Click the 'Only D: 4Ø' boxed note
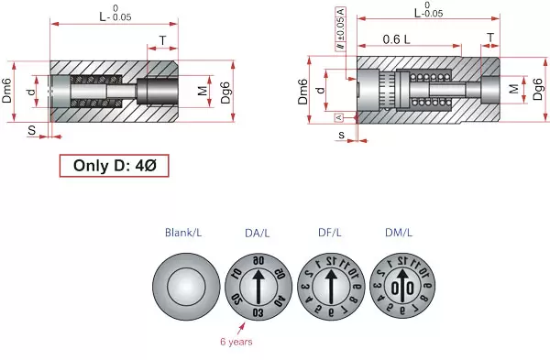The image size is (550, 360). click(x=114, y=167)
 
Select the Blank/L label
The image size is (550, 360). click(x=183, y=233)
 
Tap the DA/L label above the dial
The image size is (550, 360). click(x=257, y=233)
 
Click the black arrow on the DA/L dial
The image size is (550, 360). click(x=258, y=284)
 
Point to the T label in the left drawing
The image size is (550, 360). click(x=162, y=40)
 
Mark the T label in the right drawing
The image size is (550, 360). click(x=490, y=38)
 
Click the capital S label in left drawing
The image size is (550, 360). click(x=31, y=130)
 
